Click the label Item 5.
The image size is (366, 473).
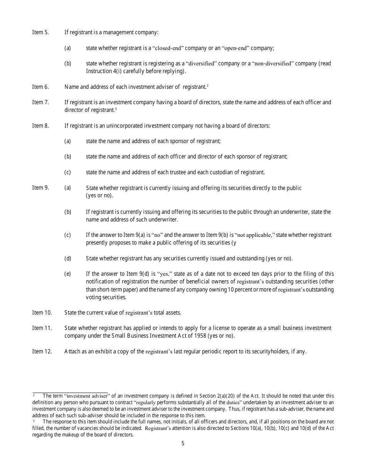point(40,32)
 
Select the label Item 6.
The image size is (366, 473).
point(40,87)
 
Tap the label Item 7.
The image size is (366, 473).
point(40,102)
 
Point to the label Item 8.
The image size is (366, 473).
point(40,126)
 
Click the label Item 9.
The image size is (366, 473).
point(40,188)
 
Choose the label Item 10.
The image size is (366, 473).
point(42,313)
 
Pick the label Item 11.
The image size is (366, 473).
point(42,328)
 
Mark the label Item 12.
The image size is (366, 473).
point(42,351)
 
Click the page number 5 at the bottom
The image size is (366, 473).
point(183,443)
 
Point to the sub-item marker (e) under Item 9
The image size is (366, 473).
point(67,274)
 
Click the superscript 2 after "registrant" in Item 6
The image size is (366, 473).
point(207,86)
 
